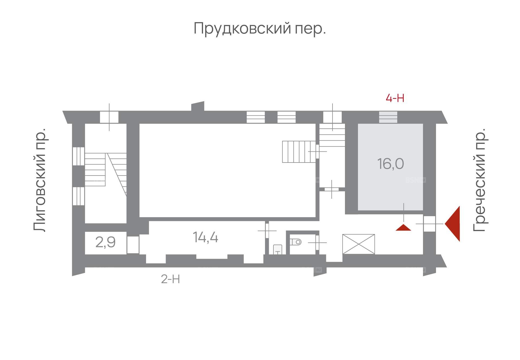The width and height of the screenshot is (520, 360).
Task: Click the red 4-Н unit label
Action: coord(395,98)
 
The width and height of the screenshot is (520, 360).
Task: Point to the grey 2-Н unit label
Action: coord(170,279)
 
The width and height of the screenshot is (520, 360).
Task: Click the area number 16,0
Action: coord(390,164)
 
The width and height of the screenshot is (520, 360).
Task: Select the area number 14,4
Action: coord(205,237)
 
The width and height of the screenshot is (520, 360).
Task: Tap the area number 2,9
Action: coord(105,242)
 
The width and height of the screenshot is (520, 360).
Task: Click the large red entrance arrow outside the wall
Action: coord(452,224)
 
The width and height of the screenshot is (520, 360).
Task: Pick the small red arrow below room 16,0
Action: coord(403,228)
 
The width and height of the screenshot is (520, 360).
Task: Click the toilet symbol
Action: coord(296,242)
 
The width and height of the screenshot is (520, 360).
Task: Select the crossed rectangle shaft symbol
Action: coord(358,244)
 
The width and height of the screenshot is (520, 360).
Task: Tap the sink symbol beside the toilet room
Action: coord(277,249)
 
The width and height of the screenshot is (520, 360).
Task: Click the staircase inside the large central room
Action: coord(299,152)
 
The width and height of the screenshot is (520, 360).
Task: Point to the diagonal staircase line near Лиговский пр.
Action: coord(117,174)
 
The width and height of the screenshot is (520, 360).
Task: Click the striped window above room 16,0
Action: coord(388,117)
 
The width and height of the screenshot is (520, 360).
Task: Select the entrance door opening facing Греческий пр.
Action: coord(429,224)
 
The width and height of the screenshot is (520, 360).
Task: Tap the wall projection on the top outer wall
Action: coord(198,106)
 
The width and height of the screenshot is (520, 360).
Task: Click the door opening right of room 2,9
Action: coord(133,245)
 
